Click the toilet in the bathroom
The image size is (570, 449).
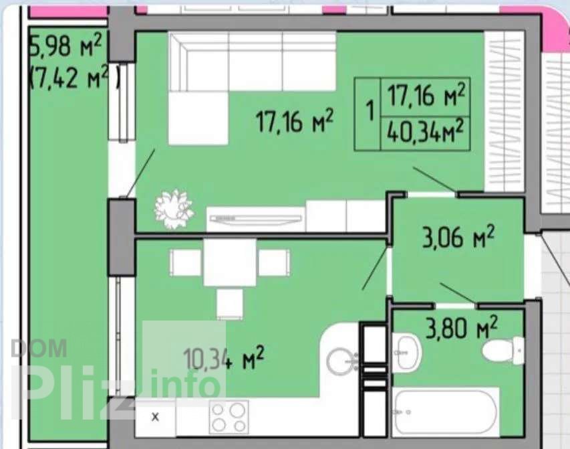tap(503, 350)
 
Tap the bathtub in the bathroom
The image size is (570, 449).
tap(445, 412)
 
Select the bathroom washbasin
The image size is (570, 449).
tap(406, 353)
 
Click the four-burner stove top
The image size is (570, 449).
tap(229, 417)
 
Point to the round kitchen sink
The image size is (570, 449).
tap(341, 361)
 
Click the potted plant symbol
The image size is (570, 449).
tap(173, 208)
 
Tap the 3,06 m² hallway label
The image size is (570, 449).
tap(458, 237)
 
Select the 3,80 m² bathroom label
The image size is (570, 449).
tap(461, 327)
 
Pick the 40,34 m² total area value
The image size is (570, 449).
tap(425, 133)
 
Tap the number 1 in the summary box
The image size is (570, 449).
tap(370, 110)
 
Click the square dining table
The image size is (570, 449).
tap(230, 262)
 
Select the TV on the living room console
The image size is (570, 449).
tap(256, 219)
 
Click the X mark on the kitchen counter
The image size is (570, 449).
tap(155, 417)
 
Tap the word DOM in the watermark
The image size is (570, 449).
tap(39, 349)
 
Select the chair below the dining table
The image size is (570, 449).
tap(229, 304)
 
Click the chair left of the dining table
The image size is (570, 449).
tap(185, 262)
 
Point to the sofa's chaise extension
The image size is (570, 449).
tap(198, 118)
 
